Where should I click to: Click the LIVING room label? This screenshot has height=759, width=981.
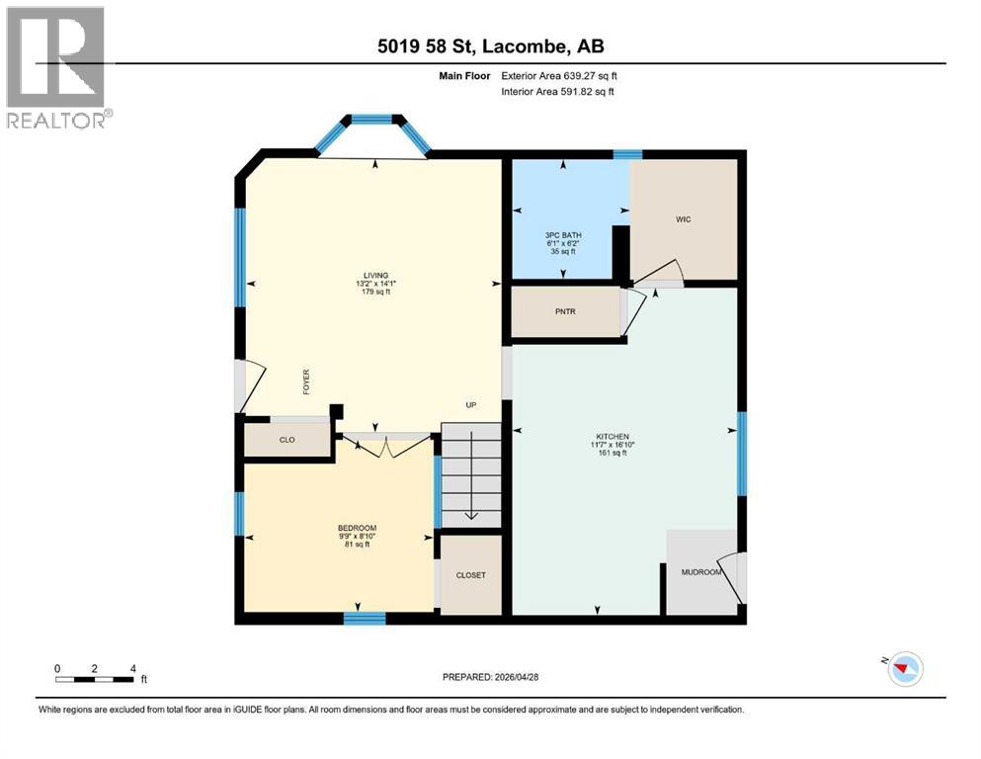374,275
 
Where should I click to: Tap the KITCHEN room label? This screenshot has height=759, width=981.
612,437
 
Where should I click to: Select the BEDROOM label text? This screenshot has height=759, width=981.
357,528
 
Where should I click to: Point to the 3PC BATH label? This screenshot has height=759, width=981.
563,234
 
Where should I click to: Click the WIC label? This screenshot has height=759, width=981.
683,219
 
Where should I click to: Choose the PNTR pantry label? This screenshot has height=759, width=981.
565,312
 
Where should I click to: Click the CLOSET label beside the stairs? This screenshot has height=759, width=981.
470,575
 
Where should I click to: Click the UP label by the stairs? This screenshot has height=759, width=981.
472,405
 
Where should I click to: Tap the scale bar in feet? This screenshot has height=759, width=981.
95,678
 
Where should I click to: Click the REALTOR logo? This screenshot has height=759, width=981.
56,67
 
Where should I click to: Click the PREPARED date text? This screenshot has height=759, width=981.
490,676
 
